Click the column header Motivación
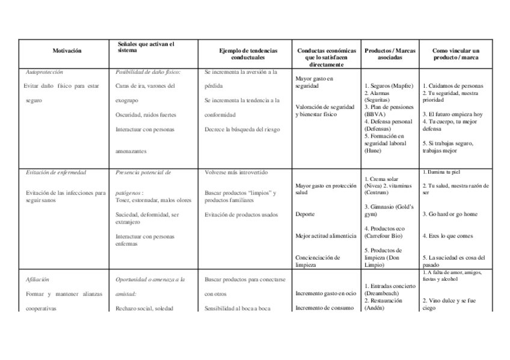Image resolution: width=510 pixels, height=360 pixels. (x=66, y=52)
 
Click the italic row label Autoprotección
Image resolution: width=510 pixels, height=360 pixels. (x=46, y=72)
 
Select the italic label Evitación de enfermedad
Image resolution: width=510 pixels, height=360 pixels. (x=56, y=172)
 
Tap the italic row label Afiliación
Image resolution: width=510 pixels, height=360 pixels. (x=37, y=279)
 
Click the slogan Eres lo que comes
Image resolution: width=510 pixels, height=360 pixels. (x=448, y=236)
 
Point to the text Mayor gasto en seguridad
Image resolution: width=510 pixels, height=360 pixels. (x=315, y=82)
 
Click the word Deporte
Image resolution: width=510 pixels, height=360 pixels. (x=306, y=214)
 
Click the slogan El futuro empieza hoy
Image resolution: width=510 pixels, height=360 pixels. (x=453, y=114)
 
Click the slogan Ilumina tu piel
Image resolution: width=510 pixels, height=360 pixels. (x=446, y=172)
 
